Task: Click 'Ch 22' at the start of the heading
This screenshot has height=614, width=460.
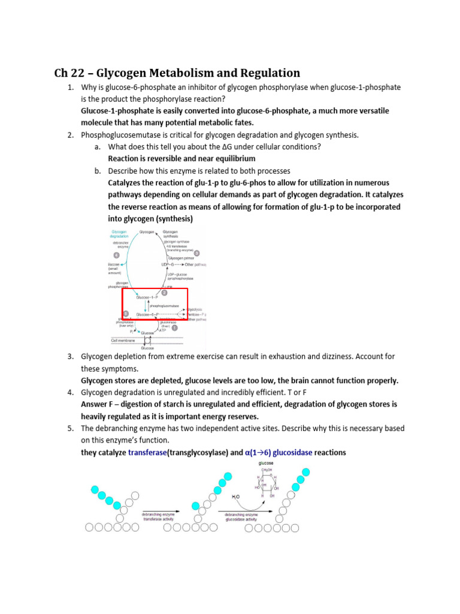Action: tap(67, 73)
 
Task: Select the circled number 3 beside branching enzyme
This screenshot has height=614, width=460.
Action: tap(196, 252)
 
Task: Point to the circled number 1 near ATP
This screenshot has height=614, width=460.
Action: tap(174, 328)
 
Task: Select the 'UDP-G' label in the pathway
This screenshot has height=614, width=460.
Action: tap(168, 264)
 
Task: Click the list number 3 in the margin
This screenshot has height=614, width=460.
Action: tap(70, 356)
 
